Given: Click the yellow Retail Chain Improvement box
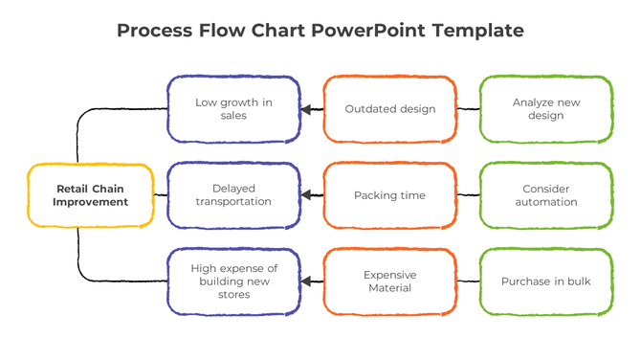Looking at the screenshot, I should tap(91, 195).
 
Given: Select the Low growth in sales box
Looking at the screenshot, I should tap(234, 109).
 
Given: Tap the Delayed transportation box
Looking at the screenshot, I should tap(234, 195).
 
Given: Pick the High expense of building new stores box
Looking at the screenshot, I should tap(234, 281).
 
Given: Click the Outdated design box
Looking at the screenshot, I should tap(390, 109).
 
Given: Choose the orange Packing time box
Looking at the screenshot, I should tap(390, 195).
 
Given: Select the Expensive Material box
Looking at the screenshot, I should tap(390, 281).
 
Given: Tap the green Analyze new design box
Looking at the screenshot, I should tap(545, 109).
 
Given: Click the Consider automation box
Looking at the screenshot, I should tap(545, 195).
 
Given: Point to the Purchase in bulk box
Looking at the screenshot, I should tap(545, 281).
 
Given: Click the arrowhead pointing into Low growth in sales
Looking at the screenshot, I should tap(307, 110).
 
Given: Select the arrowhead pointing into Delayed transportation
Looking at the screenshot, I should tap(307, 195).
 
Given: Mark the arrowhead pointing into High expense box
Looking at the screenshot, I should tap(307, 281).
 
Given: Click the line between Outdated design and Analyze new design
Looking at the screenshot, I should tap(468, 109).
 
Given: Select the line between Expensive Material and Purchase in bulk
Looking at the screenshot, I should tap(468, 281).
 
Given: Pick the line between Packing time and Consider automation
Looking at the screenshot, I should tap(468, 195).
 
